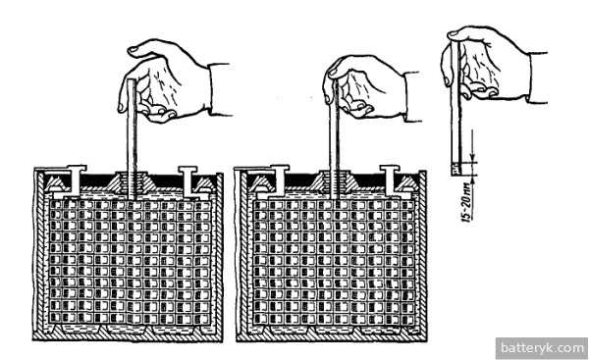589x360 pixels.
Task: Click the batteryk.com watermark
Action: (542, 348)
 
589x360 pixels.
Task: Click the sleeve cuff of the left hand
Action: (219, 89)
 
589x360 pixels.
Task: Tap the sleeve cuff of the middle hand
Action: (412, 96)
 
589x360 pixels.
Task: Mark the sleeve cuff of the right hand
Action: (538, 77)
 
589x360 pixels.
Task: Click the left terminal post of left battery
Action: (76, 180)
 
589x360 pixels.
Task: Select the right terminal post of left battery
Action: (187, 180)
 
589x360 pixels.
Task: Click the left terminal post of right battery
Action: (279, 180)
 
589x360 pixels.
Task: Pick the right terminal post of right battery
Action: (390, 180)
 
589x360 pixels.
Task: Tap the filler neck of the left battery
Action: (132, 181)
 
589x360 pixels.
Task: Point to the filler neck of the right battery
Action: (335, 181)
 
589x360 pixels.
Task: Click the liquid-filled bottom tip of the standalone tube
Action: (455, 169)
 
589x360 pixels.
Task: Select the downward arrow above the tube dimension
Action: (472, 145)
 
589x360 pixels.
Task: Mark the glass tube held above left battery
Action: (132, 139)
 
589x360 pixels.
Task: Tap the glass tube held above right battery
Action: (335, 139)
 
